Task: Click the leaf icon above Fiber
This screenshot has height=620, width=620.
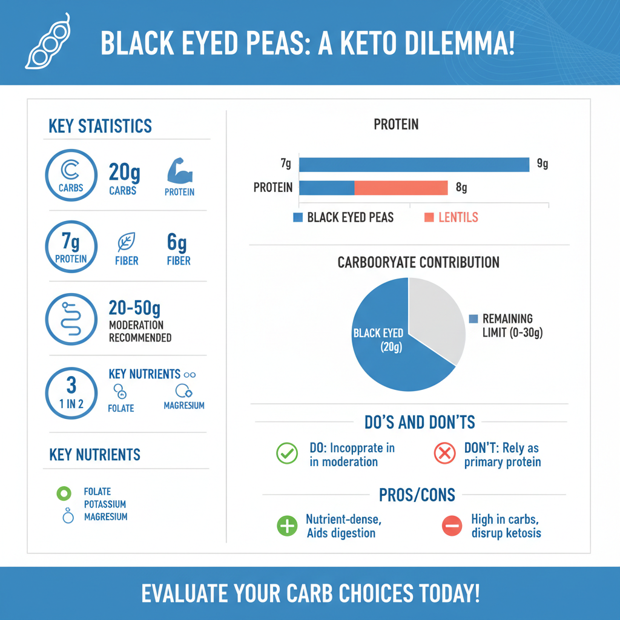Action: point(126,243)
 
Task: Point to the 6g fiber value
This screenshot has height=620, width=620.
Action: point(177,244)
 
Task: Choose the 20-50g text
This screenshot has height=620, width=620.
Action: point(134,308)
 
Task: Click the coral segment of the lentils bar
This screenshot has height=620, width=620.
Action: point(401,188)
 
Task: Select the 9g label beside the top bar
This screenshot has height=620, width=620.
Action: point(542,163)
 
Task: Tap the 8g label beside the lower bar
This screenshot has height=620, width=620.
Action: point(461,188)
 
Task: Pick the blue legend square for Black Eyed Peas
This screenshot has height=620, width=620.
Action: point(297,217)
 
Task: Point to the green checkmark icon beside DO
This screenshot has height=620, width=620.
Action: point(286,453)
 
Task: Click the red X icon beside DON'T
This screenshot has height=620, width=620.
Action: point(445,453)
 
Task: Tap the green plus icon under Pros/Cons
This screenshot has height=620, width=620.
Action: point(287,526)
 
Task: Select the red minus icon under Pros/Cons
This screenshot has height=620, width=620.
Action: point(452,526)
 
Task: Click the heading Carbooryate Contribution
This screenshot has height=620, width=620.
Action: point(418,263)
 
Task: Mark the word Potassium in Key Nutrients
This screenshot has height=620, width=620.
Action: point(105,504)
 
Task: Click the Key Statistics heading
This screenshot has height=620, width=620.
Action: point(100,126)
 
